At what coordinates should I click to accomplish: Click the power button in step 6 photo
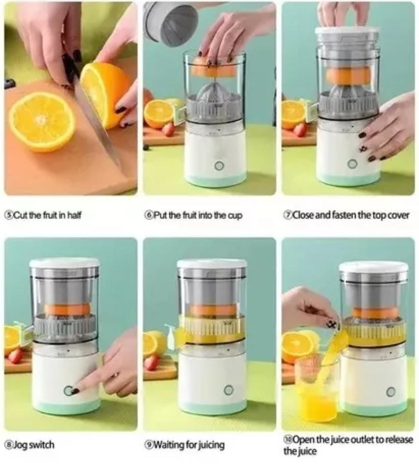click(219, 166)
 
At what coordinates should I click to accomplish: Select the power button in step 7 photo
click(352, 163)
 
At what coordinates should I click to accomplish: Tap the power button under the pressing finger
click(68, 391)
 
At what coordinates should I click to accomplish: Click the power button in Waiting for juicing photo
click(229, 390)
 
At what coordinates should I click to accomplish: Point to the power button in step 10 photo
click(390, 392)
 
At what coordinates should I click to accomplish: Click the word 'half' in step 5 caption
click(73, 215)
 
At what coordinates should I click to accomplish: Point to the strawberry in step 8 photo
click(16, 356)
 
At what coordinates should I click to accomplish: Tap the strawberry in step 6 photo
click(168, 129)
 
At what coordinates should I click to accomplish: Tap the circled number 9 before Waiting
click(149, 445)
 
